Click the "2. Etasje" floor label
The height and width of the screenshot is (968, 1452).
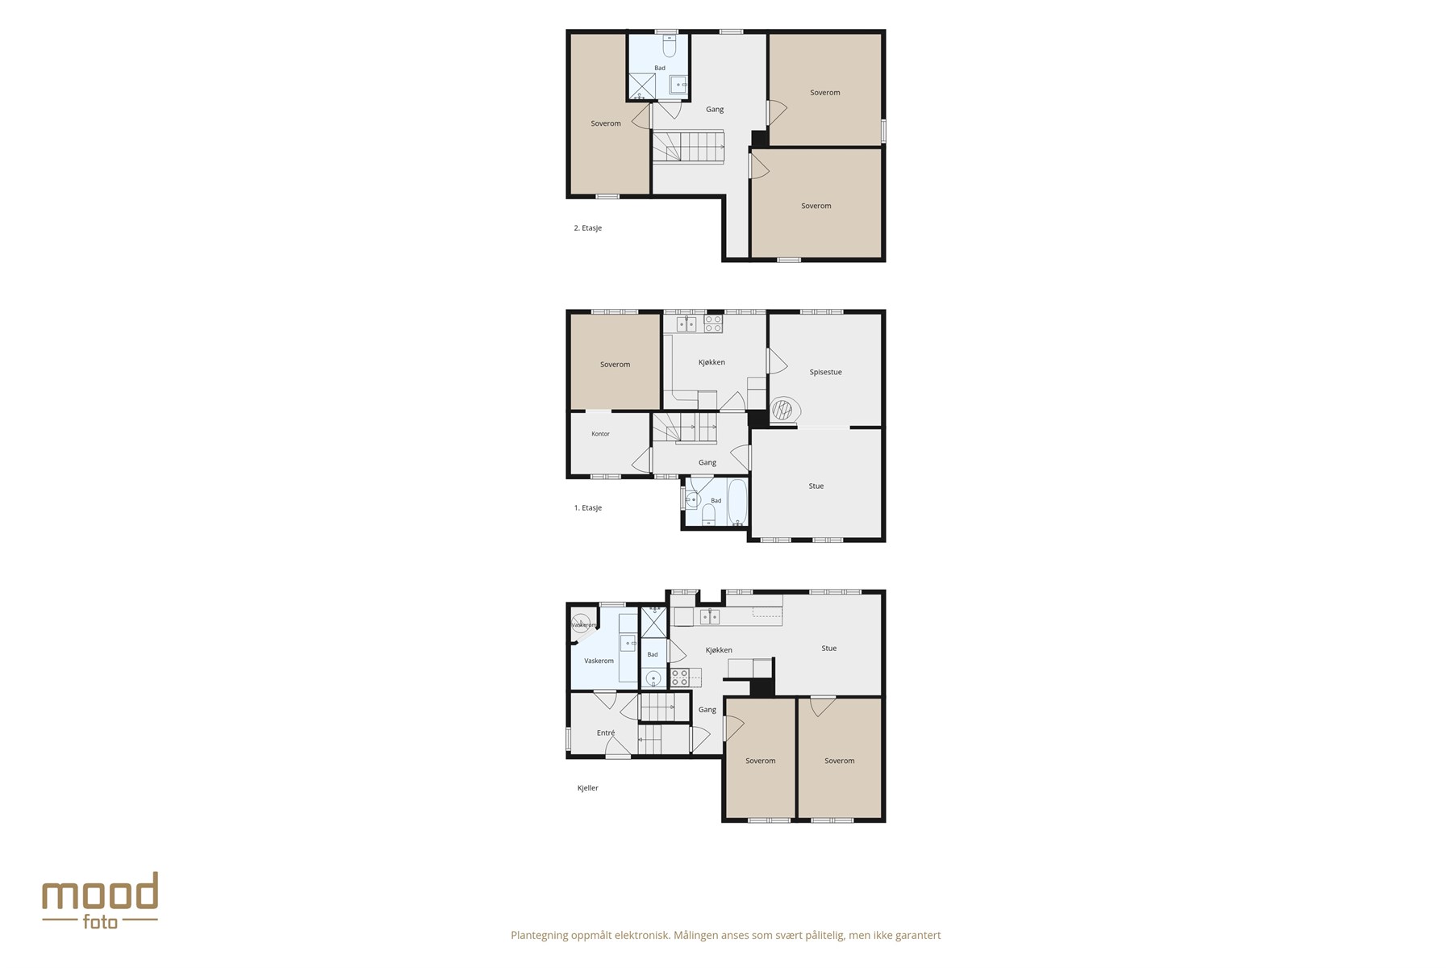(x=587, y=228)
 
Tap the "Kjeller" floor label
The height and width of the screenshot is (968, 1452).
(x=588, y=788)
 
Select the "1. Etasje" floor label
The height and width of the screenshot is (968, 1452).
(x=587, y=508)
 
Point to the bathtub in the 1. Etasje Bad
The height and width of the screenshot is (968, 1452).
(x=737, y=502)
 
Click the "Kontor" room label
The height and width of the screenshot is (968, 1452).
(x=600, y=434)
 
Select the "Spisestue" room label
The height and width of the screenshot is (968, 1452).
(x=825, y=372)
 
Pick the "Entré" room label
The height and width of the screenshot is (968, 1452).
(x=606, y=733)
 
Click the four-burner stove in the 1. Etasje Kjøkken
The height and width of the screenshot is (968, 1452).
(x=713, y=323)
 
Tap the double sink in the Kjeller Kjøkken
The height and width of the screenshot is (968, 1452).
(x=709, y=616)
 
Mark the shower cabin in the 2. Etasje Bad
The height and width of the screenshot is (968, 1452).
(x=642, y=86)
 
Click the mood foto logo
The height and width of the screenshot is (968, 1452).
(x=100, y=900)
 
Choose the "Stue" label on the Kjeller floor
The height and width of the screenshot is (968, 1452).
(x=828, y=649)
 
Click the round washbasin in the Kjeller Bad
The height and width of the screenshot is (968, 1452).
(x=653, y=678)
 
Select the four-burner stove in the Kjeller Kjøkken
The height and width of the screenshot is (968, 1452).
(x=680, y=678)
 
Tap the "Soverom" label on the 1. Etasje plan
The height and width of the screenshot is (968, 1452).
(x=615, y=365)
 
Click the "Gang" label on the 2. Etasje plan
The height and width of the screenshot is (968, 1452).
(x=715, y=110)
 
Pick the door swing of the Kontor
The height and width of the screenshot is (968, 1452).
(x=642, y=461)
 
